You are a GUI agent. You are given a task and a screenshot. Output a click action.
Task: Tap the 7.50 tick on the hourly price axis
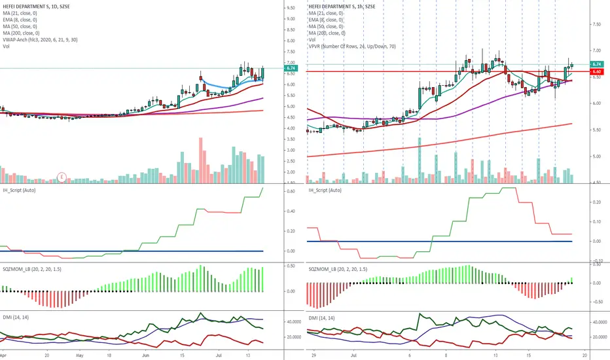pyautogui.click(x=596, y=24)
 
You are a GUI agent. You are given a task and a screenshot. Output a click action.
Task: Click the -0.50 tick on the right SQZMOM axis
pyautogui.click(x=597, y=302)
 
